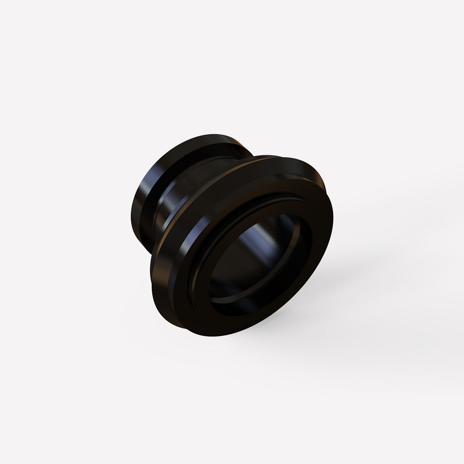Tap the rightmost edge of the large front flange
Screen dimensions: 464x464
pos(333,220)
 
